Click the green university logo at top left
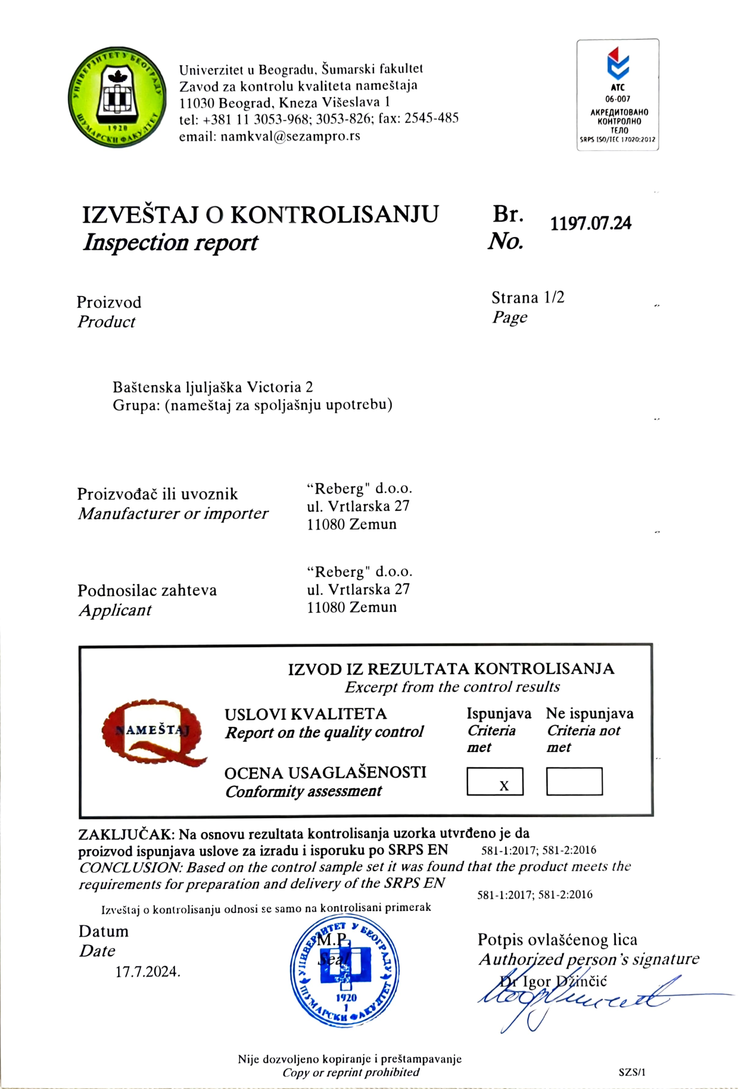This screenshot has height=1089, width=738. (x=117, y=97)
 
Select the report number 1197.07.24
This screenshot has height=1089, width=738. (x=590, y=223)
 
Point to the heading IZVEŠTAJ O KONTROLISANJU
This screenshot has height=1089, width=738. (x=260, y=215)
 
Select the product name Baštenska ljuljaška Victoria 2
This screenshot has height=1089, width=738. (x=212, y=387)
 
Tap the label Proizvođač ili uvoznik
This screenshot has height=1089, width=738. (x=157, y=494)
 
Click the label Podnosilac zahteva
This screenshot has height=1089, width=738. (x=147, y=590)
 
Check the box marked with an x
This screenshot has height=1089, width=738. (x=495, y=781)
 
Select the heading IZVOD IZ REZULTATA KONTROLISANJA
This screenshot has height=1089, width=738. (x=451, y=669)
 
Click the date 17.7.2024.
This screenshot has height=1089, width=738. (x=148, y=972)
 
